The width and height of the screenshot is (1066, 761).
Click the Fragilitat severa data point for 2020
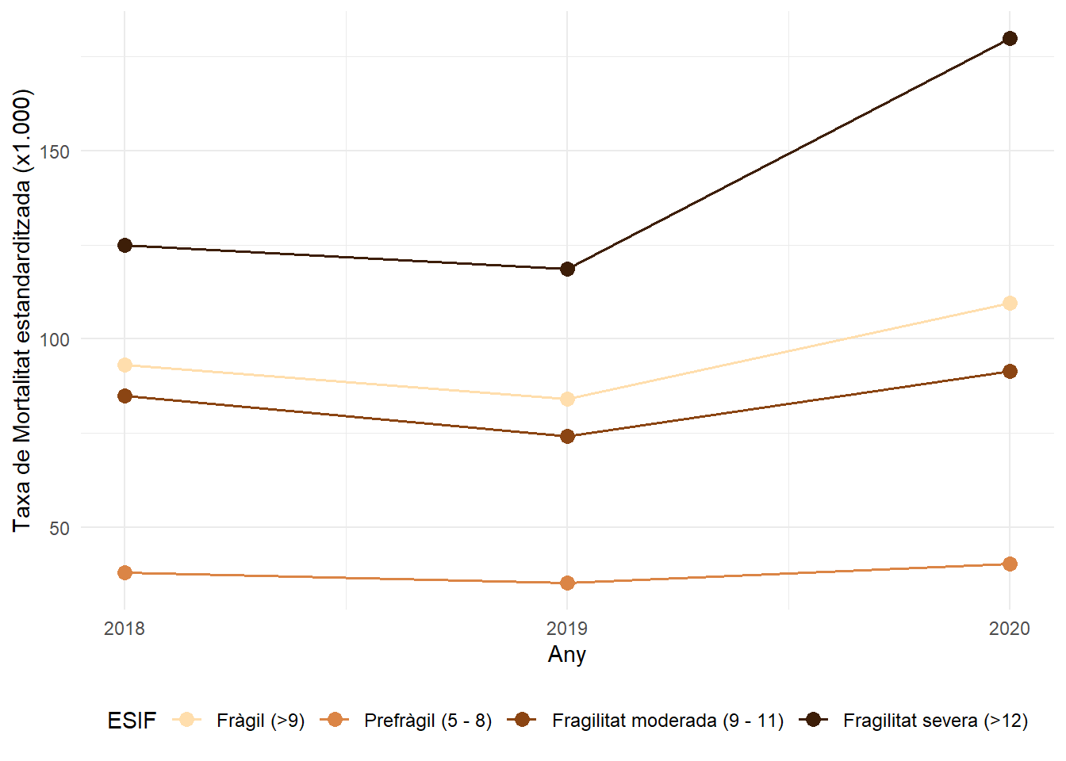[x=1010, y=39]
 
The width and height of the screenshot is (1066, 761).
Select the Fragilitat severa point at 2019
[x=567, y=270]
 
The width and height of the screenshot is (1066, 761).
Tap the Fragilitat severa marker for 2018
[x=125, y=246]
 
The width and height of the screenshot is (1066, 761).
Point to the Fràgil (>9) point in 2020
[x=1010, y=303]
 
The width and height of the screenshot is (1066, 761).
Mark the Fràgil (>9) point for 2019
[x=567, y=399]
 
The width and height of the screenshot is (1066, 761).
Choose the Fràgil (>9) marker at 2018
[x=125, y=365]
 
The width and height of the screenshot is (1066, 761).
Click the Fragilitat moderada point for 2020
[x=1010, y=372]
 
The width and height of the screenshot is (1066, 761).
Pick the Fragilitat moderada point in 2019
[x=567, y=437]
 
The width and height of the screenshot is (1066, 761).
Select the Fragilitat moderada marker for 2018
[x=125, y=396]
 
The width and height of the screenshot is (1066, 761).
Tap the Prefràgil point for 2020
[x=1010, y=564]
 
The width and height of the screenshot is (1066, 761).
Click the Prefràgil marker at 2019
[x=567, y=583]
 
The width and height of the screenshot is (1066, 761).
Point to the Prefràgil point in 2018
[x=125, y=572]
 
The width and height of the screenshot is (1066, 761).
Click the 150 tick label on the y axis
[x=55, y=151]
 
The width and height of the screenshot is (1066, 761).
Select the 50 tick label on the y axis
[x=59, y=528]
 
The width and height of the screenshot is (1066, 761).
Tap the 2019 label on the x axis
[x=567, y=629]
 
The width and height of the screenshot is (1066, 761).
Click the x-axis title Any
[x=567, y=655]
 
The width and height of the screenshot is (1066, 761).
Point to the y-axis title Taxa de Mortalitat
[x=22, y=310]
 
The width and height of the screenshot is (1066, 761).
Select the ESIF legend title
[x=132, y=721]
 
